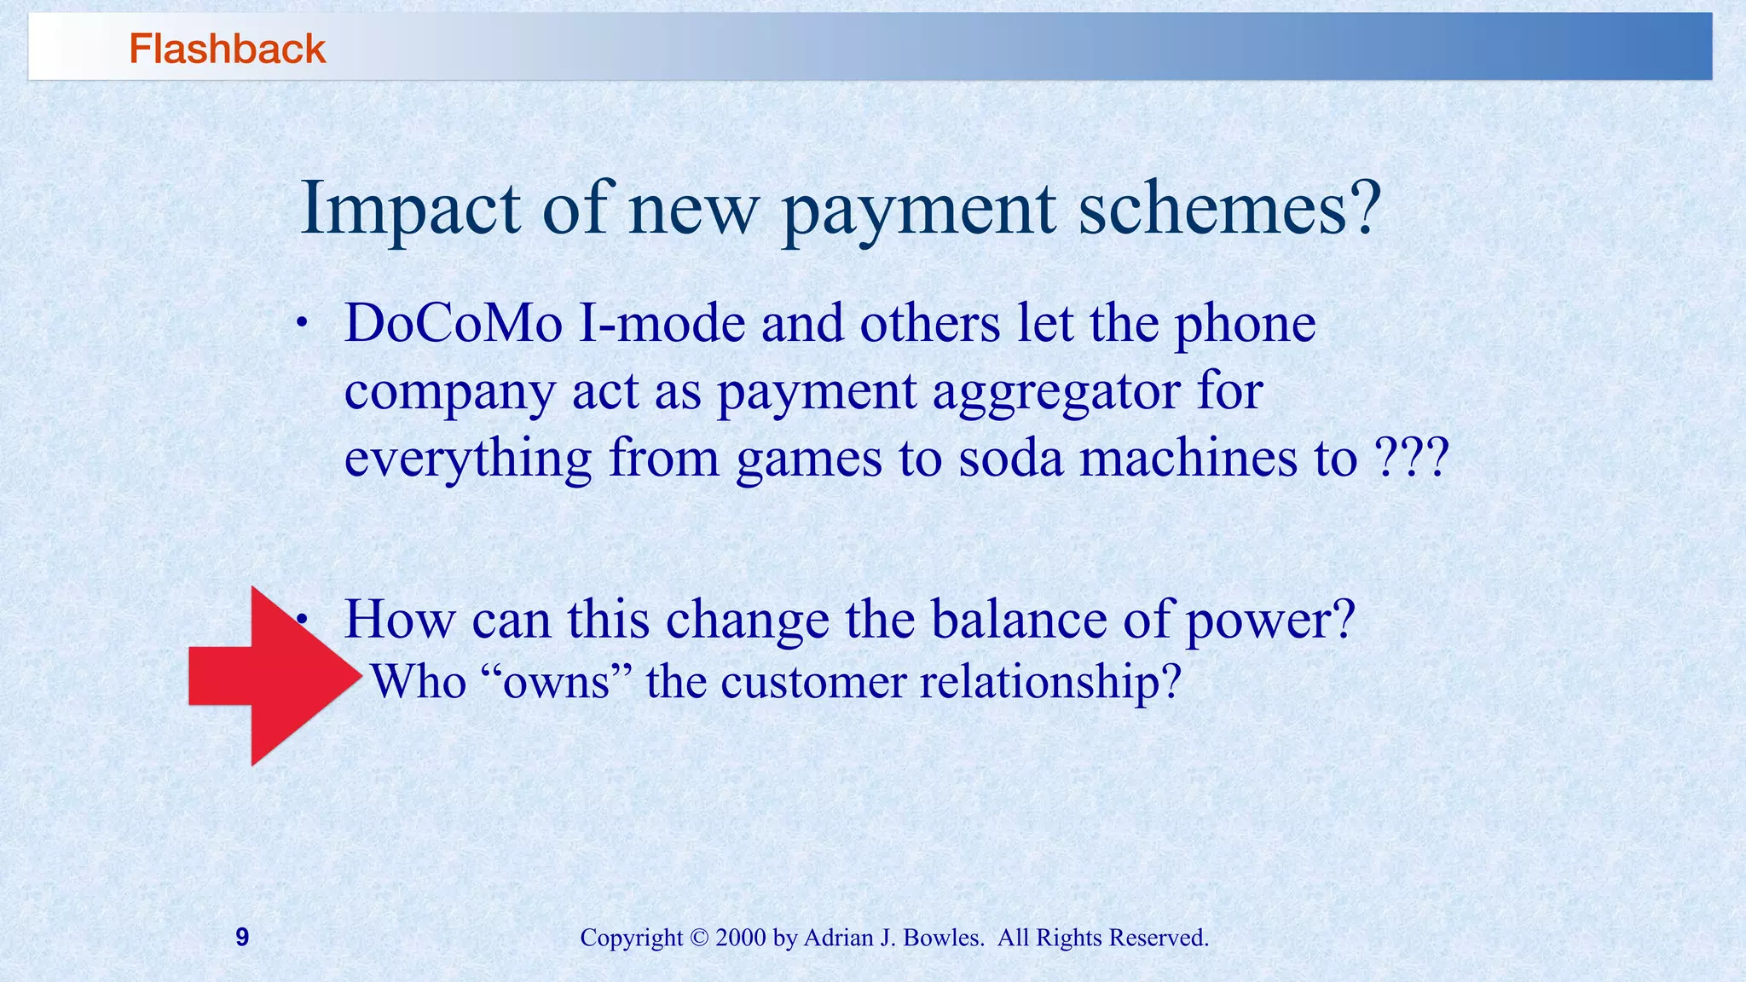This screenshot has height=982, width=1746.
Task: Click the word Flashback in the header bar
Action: coord(227,49)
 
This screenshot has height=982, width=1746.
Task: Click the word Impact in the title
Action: coord(410,210)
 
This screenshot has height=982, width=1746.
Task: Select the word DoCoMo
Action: coord(453,324)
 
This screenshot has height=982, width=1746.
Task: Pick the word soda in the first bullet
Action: coord(1010,458)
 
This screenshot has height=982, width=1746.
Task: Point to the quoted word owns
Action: coord(557,682)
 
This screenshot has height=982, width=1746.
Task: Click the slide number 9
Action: coord(242,938)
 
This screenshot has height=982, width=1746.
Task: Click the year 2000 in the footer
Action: coord(741,938)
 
